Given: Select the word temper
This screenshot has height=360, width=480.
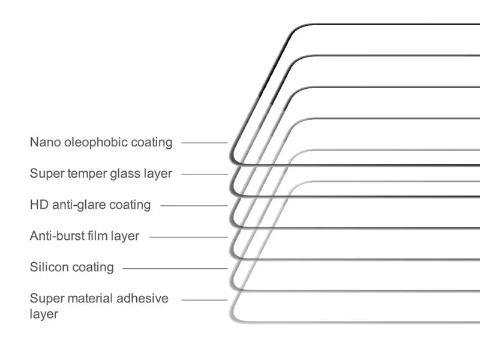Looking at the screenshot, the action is (x=87, y=174).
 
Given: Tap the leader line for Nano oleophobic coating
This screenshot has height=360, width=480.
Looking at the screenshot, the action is (x=205, y=143).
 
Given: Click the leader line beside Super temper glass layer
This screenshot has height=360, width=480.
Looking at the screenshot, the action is (x=205, y=174).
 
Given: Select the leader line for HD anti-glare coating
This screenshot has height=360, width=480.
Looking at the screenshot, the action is (x=194, y=206).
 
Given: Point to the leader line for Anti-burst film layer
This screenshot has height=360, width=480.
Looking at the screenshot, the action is (x=188, y=237).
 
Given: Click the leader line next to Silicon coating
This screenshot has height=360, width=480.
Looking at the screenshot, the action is (x=175, y=268).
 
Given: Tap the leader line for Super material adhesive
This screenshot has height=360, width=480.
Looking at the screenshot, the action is (x=205, y=299).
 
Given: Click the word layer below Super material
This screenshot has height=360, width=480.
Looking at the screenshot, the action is (x=44, y=314).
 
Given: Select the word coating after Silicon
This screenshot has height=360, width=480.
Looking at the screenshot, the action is (x=93, y=267).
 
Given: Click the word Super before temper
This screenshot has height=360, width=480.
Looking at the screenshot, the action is (x=47, y=174).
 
